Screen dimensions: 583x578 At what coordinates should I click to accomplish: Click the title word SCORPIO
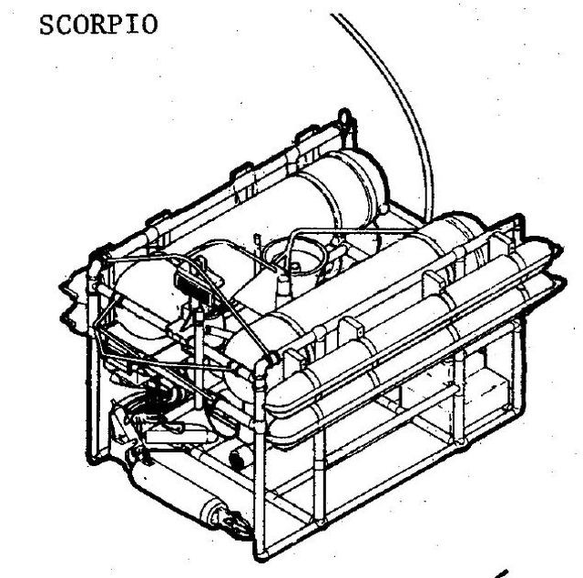[x=98, y=25]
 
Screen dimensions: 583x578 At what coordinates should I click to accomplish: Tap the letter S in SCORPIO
[x=46, y=25]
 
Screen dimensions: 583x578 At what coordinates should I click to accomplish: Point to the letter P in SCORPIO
[x=116, y=25]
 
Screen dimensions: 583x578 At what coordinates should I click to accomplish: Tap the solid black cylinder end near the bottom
[x=237, y=460]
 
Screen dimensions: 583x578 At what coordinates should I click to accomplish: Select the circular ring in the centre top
[x=294, y=257]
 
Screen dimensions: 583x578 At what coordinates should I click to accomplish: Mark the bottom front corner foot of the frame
[x=261, y=554]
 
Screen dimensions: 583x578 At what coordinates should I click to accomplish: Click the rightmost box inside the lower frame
[x=487, y=390]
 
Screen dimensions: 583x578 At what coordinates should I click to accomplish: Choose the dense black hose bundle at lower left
[x=160, y=396]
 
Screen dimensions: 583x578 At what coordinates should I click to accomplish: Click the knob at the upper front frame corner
[x=273, y=359]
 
